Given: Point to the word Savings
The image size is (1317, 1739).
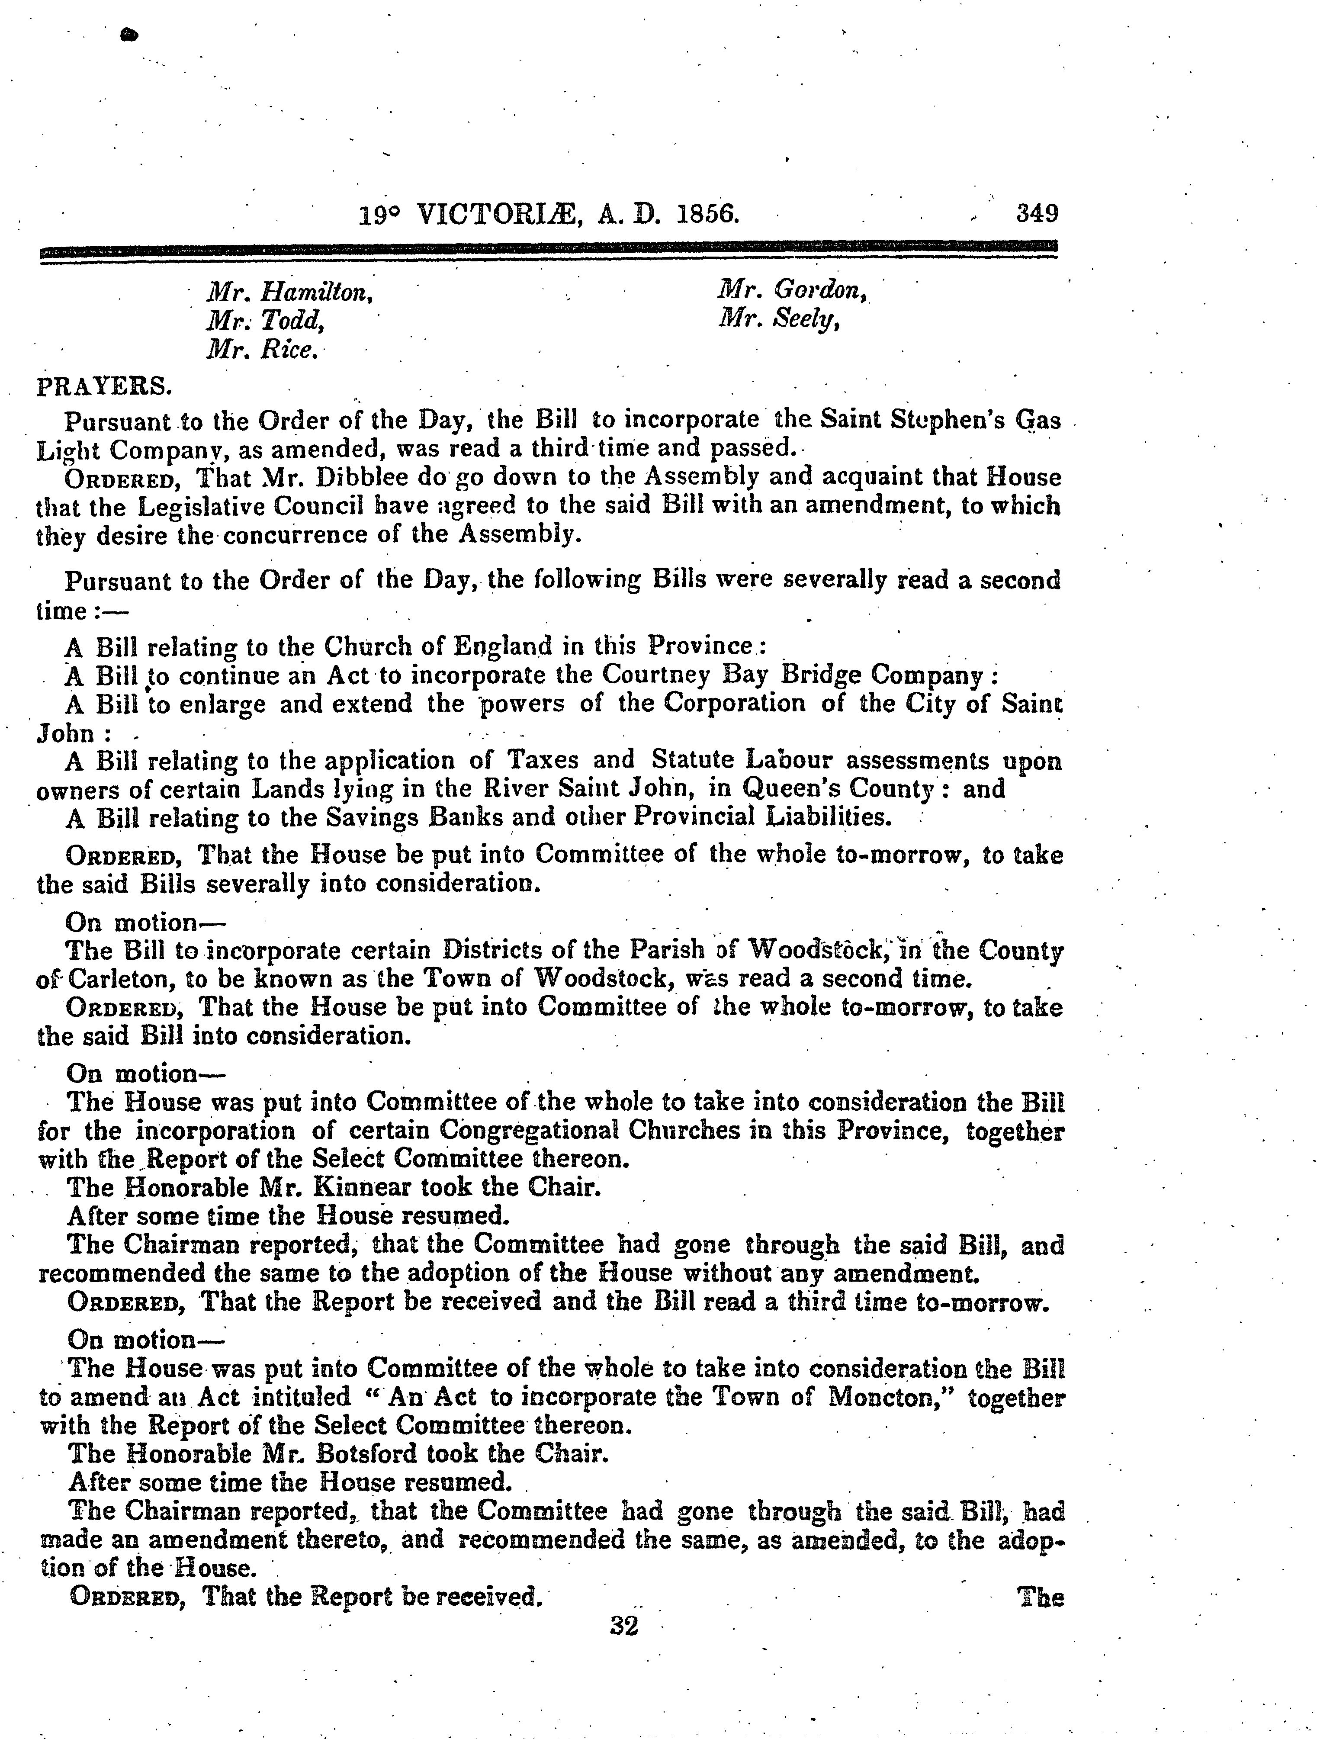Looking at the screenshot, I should (x=372, y=818).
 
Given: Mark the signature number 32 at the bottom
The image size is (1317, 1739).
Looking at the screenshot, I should (x=623, y=1626).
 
